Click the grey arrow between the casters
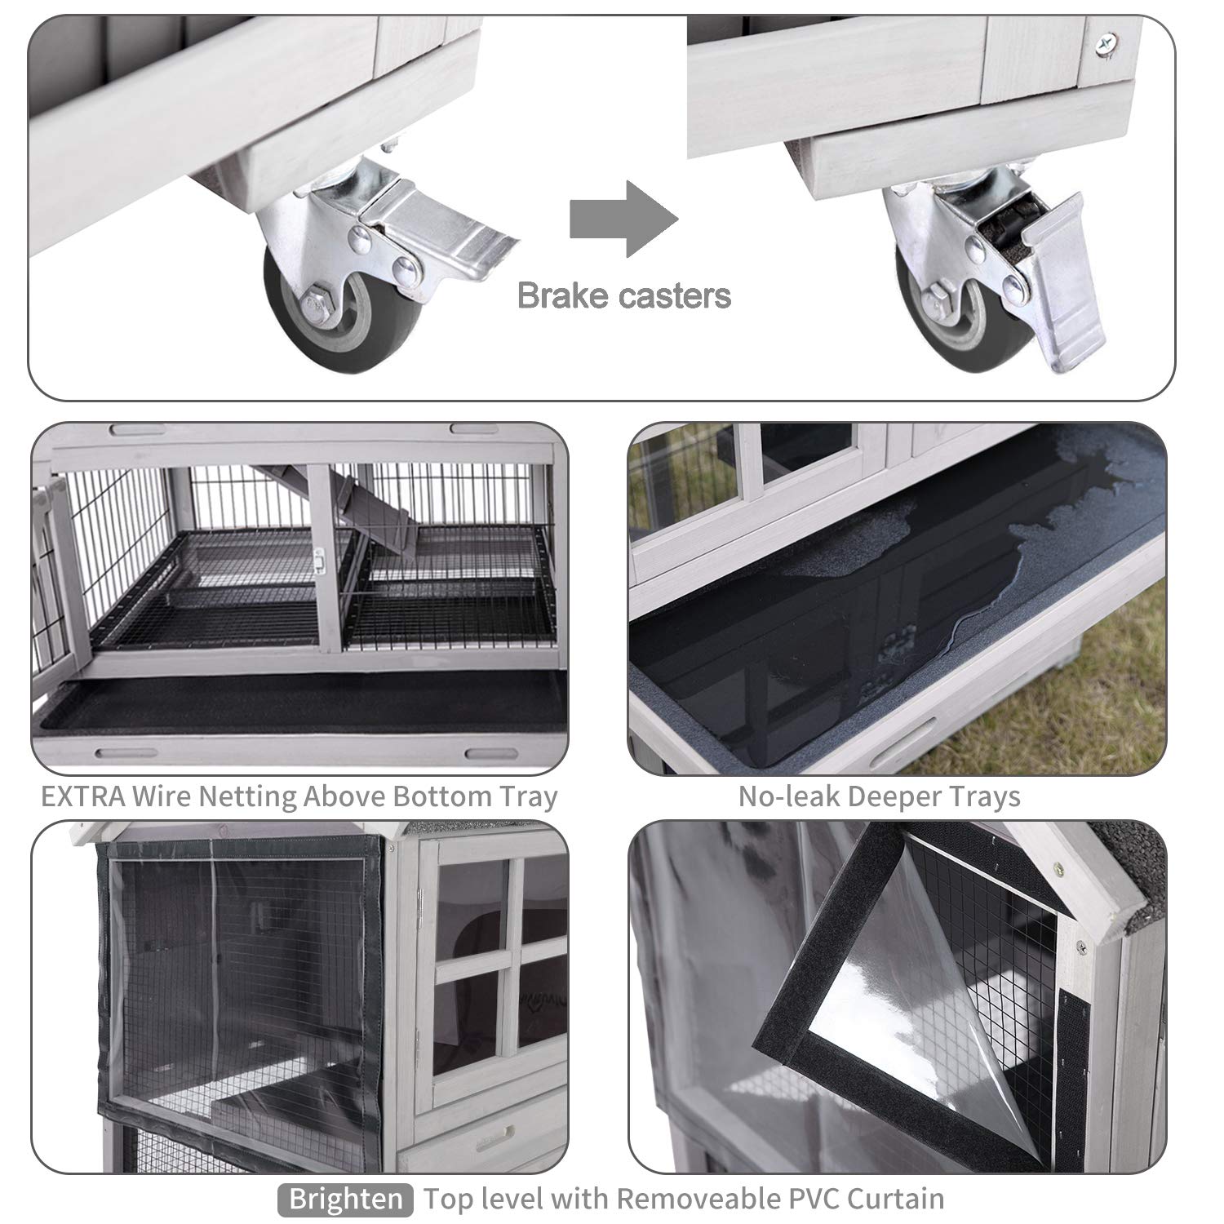pyautogui.click(x=623, y=219)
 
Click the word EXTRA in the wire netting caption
pyautogui.click(x=82, y=796)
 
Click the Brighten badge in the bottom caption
pyautogui.click(x=346, y=1200)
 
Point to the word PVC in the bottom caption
pyautogui.click(x=809, y=1199)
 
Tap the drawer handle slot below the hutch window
pyautogui.click(x=499, y=1133)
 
